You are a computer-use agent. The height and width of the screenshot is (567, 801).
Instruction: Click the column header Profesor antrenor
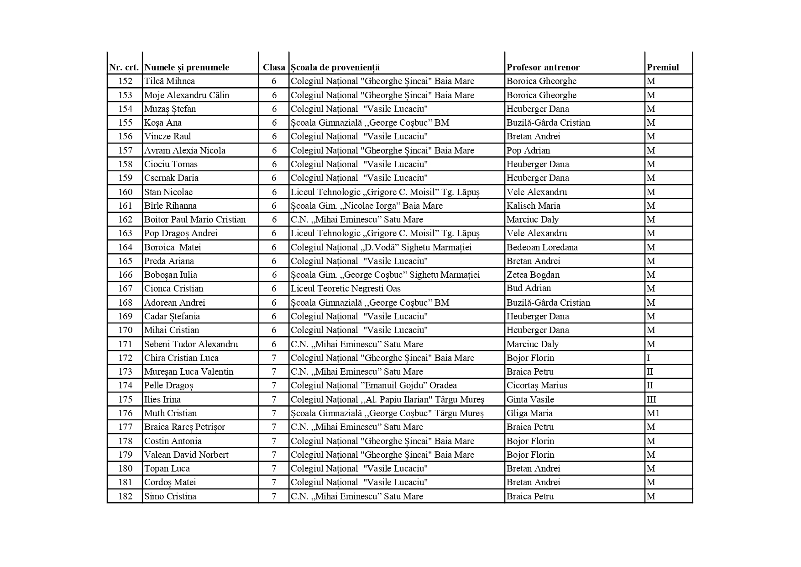tap(543, 68)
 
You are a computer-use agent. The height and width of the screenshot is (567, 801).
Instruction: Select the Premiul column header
tap(662, 68)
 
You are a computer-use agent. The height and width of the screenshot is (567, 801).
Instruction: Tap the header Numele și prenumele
tap(186, 68)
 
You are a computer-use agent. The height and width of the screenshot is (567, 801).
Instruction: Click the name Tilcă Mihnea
tap(169, 81)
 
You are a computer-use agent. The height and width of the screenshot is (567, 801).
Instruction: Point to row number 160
tap(125, 192)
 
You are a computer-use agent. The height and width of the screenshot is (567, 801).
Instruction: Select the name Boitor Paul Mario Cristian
tap(195, 220)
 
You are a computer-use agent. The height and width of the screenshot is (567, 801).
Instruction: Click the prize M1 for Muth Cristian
tap(653, 413)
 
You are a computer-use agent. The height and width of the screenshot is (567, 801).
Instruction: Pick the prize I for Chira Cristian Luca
tap(648, 358)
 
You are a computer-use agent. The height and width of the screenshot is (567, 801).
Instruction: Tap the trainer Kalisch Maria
tap(533, 206)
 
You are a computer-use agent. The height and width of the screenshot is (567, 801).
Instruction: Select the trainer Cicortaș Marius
tap(537, 386)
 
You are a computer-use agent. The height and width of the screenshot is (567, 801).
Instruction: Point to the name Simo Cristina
tap(170, 497)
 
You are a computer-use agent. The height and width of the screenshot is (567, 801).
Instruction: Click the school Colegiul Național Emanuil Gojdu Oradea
tap(373, 386)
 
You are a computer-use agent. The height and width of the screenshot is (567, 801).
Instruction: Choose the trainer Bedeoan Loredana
tap(542, 248)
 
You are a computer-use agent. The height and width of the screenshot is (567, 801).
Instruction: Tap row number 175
tap(125, 400)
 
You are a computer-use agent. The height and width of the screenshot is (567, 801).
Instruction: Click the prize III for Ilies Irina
tap(651, 400)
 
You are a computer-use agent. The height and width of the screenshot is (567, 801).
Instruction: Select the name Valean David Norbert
tap(186, 455)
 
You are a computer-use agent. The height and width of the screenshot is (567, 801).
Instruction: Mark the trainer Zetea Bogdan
tap(533, 275)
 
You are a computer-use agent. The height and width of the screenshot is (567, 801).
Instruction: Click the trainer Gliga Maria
tap(529, 413)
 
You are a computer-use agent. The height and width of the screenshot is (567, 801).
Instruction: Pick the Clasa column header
tap(274, 68)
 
